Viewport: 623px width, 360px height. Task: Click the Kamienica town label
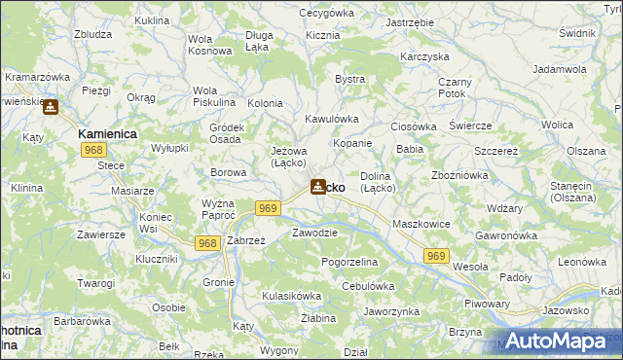(x=107, y=132)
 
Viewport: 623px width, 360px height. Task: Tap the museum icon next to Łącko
(x=318, y=186)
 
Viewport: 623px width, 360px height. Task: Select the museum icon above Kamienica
(x=50, y=107)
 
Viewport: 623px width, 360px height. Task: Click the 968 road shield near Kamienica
(x=94, y=150)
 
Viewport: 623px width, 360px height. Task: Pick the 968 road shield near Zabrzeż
(x=206, y=243)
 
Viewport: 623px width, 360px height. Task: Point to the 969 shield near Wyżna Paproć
(x=270, y=208)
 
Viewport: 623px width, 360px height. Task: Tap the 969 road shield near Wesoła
(x=436, y=255)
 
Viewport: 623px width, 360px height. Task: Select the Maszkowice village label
(x=419, y=225)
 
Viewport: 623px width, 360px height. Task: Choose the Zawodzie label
(x=314, y=233)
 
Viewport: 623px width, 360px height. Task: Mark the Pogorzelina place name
(x=349, y=263)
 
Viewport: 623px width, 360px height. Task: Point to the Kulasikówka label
(x=291, y=295)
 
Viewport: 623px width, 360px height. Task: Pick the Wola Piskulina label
(x=214, y=97)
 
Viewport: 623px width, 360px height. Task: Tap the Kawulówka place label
(x=332, y=119)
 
